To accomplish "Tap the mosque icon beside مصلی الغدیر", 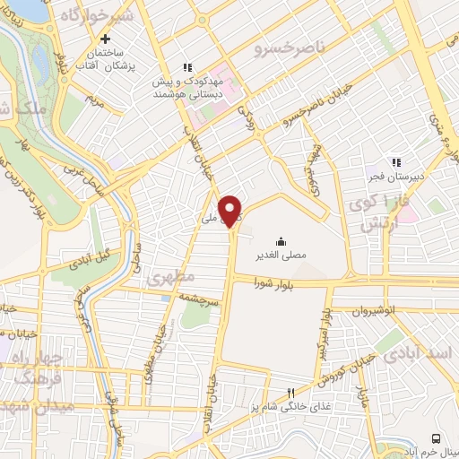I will [x=281, y=239].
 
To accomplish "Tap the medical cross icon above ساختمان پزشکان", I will [x=107, y=39].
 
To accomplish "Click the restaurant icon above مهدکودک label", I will [x=187, y=66].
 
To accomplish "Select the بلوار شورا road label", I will [x=264, y=290].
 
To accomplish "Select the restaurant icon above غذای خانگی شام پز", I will [x=290, y=392].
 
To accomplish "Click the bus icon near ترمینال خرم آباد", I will [x=436, y=438].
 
